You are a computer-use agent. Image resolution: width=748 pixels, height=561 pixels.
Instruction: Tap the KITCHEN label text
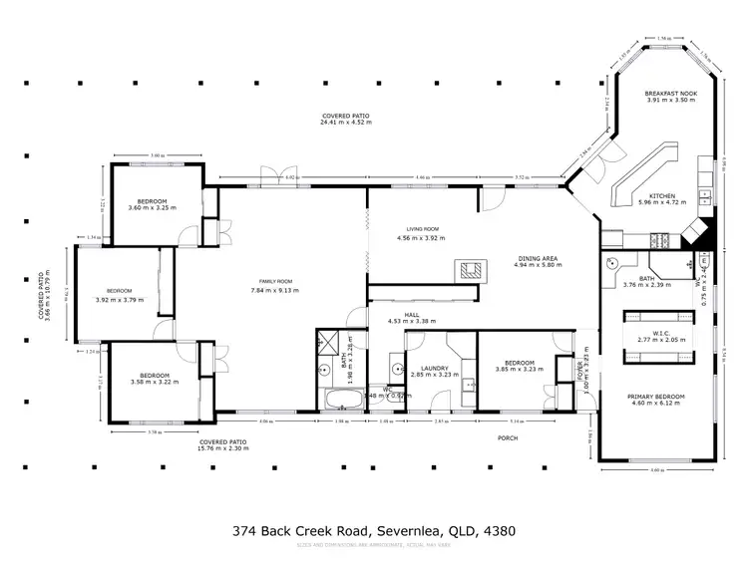(663, 195)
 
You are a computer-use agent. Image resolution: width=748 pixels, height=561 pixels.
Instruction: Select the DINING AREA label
(538, 257)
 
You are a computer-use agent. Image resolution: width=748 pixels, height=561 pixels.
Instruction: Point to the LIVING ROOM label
(420, 230)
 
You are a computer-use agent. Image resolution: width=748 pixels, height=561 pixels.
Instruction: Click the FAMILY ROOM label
(271, 280)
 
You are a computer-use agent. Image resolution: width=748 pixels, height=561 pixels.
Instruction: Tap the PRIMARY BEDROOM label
(653, 396)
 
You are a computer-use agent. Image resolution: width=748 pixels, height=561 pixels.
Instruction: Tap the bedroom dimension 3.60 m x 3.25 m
(151, 208)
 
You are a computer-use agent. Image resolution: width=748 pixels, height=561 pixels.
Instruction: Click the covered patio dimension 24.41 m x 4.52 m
(345, 123)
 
